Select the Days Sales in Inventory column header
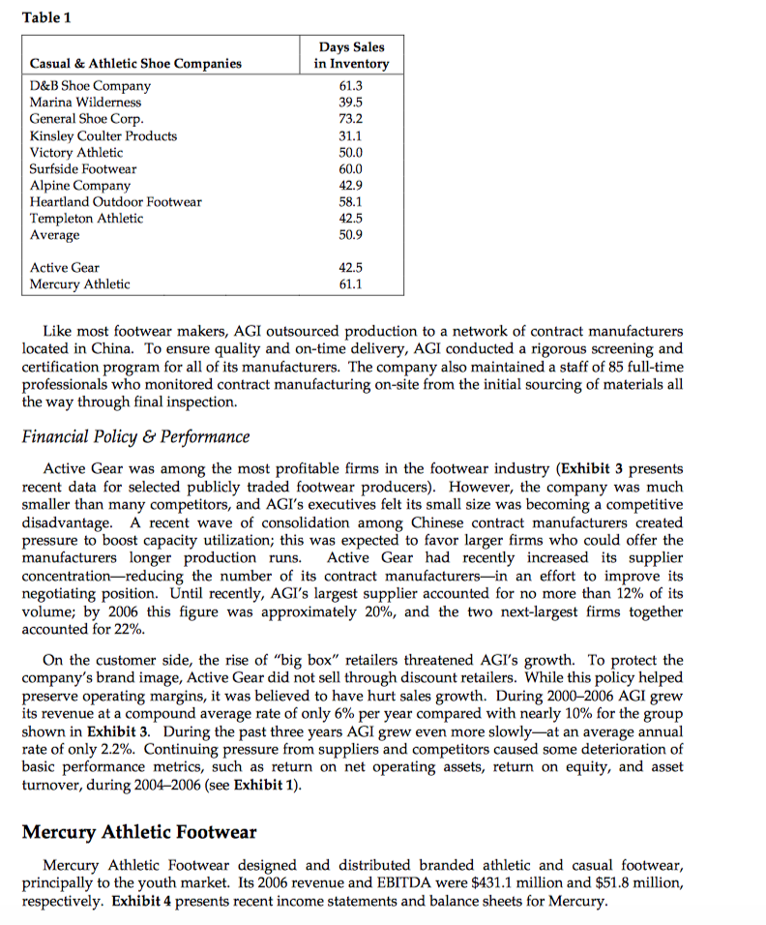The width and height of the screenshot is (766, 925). (351, 55)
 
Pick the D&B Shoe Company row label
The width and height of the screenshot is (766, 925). (90, 85)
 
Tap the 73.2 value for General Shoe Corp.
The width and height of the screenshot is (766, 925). (350, 119)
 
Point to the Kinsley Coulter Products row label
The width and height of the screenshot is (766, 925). (103, 135)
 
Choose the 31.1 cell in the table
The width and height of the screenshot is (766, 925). (350, 135)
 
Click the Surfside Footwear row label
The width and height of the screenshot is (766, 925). (83, 168)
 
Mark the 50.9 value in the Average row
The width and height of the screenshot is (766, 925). (350, 235)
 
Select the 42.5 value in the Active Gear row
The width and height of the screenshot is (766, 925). (350, 267)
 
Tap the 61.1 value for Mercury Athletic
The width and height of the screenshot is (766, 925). (350, 283)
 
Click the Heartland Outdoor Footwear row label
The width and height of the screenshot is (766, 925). (116, 201)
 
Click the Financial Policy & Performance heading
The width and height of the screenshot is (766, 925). (135, 436)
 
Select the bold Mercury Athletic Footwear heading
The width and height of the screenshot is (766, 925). (141, 831)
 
